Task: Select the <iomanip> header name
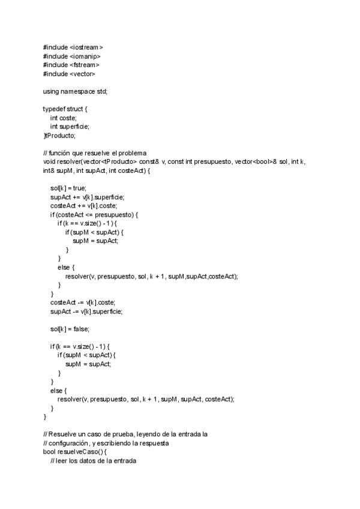(85, 56)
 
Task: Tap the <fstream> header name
(84, 64)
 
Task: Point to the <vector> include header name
(82, 73)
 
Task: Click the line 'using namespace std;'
(75, 91)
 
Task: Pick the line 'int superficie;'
(70, 127)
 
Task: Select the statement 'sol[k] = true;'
(68, 188)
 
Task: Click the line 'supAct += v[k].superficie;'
(87, 197)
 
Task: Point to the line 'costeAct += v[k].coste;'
(83, 206)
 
